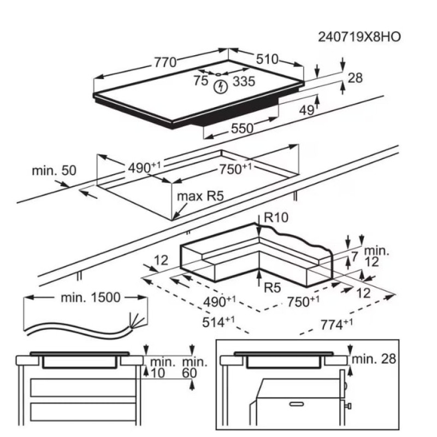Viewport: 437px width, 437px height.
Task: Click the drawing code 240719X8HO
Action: coord(359,37)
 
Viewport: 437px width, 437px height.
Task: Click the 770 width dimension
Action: coord(164,62)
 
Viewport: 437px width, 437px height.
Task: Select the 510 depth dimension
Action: coord(267,59)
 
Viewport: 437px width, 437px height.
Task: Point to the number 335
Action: coord(244,82)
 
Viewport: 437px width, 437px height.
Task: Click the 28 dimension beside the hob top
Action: coord(355,78)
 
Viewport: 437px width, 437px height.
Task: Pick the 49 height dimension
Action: coord(306,110)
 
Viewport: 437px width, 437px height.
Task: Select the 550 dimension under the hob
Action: coord(241,129)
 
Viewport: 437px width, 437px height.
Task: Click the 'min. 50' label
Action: coord(54,170)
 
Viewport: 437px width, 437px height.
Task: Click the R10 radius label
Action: coord(276,218)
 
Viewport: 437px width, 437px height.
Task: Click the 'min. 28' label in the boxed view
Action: coord(374,359)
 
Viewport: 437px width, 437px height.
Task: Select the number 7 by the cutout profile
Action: coord(354,256)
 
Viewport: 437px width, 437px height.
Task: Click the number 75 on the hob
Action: coord(200,81)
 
